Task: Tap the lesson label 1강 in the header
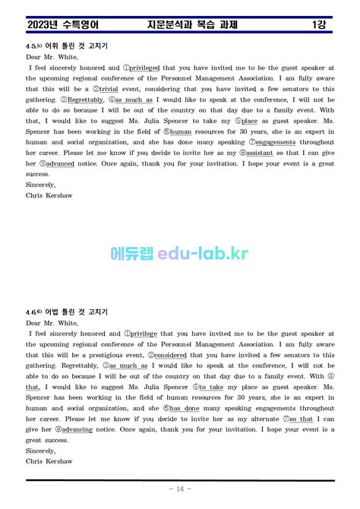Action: tap(319, 25)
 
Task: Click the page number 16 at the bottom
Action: tap(179, 489)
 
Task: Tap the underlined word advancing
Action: tap(77, 429)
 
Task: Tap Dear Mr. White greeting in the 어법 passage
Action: tap(52, 323)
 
